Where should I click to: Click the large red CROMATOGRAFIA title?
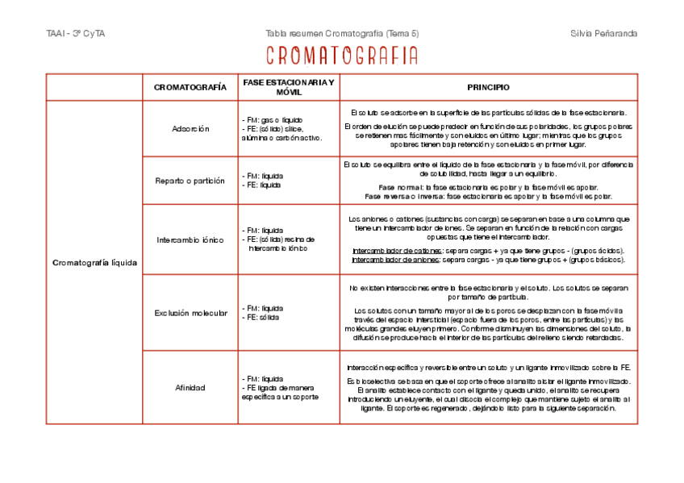click(x=342, y=56)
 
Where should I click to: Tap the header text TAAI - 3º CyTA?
click(x=77, y=33)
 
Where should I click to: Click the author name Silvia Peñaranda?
click(x=603, y=33)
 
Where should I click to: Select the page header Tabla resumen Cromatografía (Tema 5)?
click(x=342, y=33)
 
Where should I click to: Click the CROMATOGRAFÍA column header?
click(x=190, y=87)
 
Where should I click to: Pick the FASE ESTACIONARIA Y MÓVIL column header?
click(x=288, y=87)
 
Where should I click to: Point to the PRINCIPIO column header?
click(x=488, y=87)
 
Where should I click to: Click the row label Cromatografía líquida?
click(x=94, y=262)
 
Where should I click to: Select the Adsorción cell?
click(x=190, y=128)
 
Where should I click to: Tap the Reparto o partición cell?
click(x=190, y=181)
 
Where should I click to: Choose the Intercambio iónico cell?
click(x=190, y=239)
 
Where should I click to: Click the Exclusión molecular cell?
click(x=190, y=313)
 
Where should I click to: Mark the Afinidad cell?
click(x=190, y=387)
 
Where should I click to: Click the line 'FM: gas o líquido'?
click(x=272, y=119)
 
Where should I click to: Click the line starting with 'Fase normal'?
click(x=488, y=187)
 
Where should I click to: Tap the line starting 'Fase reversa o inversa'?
click(x=488, y=196)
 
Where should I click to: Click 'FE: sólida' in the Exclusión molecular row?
click(x=262, y=318)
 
